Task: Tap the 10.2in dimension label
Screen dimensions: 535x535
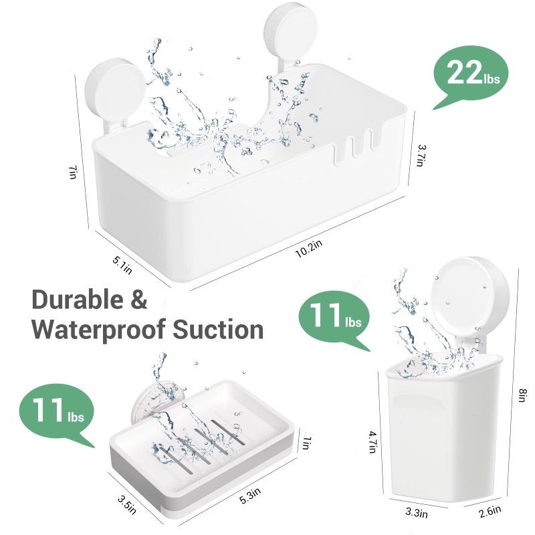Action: [308, 248]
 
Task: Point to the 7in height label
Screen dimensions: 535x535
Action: [72, 173]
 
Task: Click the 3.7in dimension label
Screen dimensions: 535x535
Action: [421, 155]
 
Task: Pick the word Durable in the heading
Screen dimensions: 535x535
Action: [78, 300]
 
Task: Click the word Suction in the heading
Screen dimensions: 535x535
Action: [218, 329]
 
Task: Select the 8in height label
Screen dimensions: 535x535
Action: [523, 395]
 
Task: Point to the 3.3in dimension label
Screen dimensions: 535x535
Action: [417, 512]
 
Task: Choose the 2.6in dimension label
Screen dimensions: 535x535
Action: [490, 512]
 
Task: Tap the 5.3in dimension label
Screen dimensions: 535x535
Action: [250, 495]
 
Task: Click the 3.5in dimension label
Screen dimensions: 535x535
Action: [127, 505]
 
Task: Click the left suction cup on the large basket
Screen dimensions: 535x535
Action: [114, 90]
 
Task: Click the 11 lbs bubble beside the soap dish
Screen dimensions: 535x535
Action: [57, 413]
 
